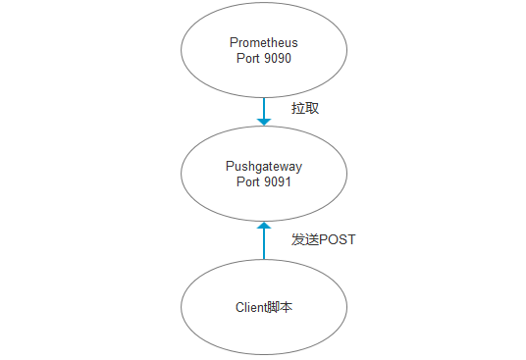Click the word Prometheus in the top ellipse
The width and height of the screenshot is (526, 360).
(263, 43)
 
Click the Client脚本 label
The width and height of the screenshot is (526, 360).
(264, 307)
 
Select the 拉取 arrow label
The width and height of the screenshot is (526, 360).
(305, 108)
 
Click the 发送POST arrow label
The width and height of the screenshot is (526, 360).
(323, 239)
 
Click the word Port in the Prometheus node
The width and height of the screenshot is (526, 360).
(249, 58)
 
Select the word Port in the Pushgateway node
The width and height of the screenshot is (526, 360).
(249, 182)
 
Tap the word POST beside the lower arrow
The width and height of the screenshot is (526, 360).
(337, 239)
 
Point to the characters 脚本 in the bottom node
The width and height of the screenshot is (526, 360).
(282, 307)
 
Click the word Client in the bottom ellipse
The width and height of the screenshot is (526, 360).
(251, 307)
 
